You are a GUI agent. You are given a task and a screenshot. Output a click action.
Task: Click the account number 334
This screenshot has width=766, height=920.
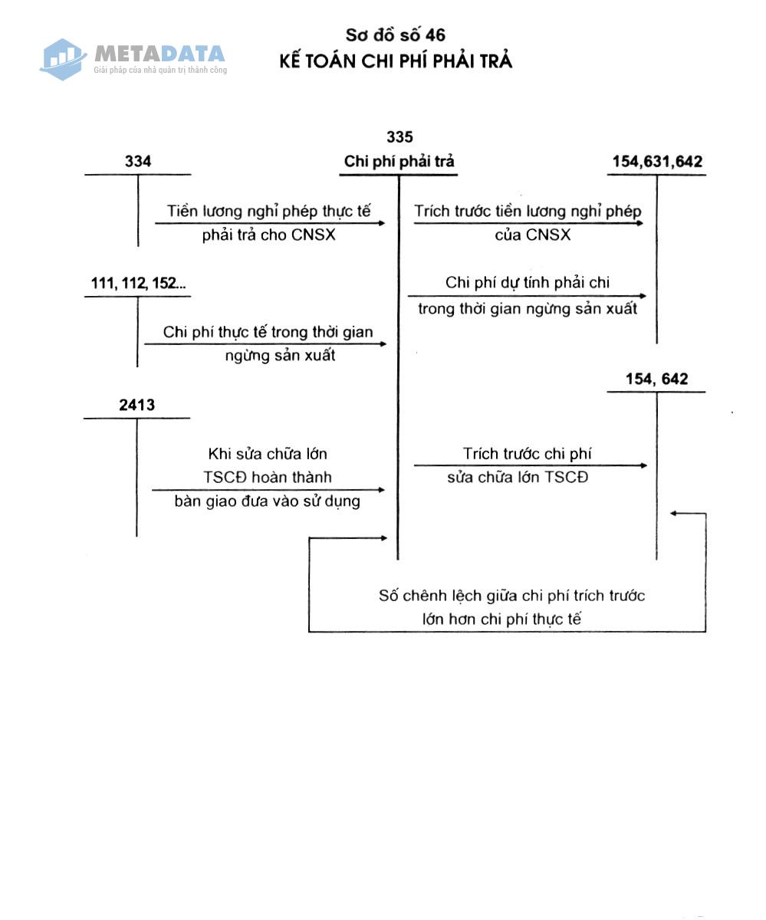pos(137,161)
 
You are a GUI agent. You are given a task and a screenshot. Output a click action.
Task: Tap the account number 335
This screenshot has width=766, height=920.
pos(399,137)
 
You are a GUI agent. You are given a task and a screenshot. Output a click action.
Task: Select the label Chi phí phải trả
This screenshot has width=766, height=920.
pos(399,161)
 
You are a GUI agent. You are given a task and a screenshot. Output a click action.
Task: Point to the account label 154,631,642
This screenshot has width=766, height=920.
pos(656,162)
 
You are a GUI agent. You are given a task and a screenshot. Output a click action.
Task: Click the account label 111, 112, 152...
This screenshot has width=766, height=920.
pos(138,283)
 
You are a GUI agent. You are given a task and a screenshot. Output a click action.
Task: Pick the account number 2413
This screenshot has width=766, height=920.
pos(136,405)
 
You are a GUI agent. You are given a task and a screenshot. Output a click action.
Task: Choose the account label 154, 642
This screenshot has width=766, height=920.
pos(656,379)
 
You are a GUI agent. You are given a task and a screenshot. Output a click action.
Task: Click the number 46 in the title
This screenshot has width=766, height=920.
pos(435,35)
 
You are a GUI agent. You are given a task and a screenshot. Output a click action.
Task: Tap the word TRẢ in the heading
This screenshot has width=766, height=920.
pos(495,60)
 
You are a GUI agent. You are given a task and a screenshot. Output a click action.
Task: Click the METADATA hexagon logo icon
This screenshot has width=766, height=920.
pos(63,60)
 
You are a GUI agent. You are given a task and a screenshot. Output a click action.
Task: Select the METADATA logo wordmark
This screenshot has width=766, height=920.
pos(159,54)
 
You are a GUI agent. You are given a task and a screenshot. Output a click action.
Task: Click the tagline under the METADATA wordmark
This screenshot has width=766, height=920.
pos(160,70)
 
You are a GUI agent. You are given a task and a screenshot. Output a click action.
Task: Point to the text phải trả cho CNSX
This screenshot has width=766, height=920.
pos(268,235)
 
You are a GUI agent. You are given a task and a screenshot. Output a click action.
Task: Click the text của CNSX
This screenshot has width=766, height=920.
pos(532,235)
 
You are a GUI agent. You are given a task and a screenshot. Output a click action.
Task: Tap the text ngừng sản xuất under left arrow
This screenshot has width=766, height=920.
pos(280,356)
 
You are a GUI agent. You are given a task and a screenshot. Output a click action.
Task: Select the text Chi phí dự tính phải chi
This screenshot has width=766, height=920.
pos(527,282)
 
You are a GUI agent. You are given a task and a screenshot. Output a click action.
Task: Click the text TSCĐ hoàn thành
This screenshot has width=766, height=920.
pos(267,477)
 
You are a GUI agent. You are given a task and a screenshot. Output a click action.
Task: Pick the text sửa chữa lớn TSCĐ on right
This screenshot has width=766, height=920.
pos(518,478)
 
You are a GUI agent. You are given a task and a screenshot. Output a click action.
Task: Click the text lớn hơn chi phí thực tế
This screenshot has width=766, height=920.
pos(501,619)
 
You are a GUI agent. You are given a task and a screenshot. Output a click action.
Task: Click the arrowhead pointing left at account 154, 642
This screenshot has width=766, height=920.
pos(673,514)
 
